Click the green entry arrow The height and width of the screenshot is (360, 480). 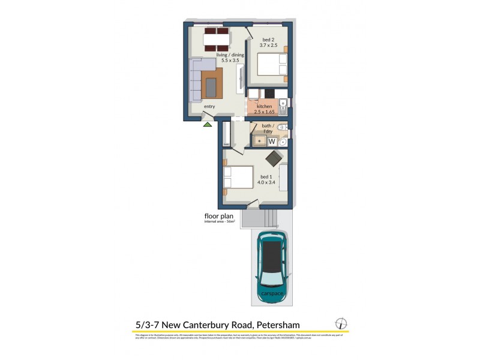tap(208, 124)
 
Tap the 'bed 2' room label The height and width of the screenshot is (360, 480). tap(267, 38)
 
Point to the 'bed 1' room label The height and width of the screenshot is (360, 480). tap(265, 176)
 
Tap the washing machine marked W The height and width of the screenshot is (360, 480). tap(271, 142)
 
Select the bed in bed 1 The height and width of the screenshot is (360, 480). tap(238, 179)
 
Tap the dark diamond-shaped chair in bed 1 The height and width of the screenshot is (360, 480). tap(274, 158)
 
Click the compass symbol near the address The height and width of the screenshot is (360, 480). tap(341, 323)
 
